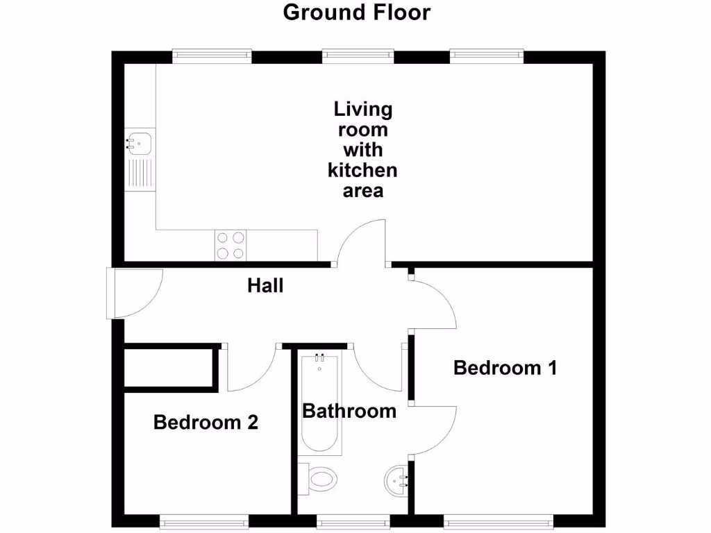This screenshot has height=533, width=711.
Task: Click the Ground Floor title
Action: (x=356, y=12)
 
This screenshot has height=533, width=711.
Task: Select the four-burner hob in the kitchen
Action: (x=231, y=245)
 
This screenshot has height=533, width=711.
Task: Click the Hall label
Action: (x=266, y=285)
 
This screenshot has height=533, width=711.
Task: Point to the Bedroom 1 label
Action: (x=505, y=368)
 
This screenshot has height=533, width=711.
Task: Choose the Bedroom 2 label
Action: (x=206, y=422)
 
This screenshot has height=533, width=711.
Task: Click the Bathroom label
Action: (x=349, y=411)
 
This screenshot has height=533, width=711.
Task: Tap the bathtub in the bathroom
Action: (x=320, y=403)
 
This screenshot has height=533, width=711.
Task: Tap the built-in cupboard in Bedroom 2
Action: (x=167, y=366)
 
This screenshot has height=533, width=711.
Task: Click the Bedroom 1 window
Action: (x=498, y=519)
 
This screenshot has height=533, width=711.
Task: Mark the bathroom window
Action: (x=353, y=519)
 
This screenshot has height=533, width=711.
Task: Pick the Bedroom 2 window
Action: (x=203, y=519)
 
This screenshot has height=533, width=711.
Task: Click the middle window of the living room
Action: (x=358, y=55)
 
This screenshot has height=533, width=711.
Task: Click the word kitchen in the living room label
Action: (x=362, y=170)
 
